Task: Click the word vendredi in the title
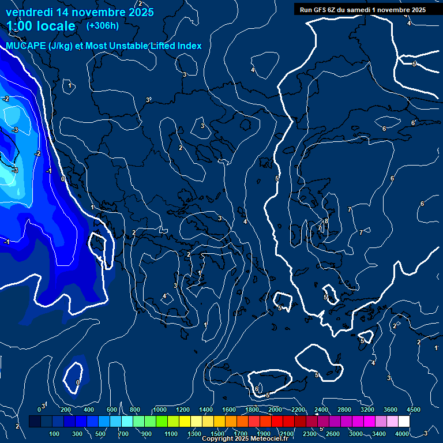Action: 29,12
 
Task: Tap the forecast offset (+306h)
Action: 102,26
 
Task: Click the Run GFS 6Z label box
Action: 363,9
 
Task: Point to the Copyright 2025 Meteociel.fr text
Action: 245,439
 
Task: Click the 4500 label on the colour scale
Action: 413,410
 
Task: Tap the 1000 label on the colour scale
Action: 160,410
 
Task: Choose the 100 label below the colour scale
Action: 55,434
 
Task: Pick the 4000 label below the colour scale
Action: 403,434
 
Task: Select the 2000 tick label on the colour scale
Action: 275,410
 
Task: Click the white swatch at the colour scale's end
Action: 404,422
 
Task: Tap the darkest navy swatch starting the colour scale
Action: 35,422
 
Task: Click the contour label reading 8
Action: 326,221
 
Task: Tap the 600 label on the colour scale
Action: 111,410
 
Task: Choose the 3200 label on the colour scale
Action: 367,410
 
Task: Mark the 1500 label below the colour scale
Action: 217,434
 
